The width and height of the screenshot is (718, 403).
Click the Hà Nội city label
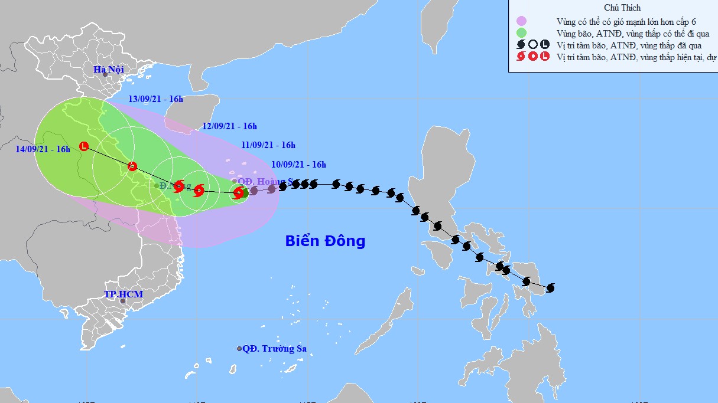[109, 70]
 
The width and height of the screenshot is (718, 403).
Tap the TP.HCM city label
[123, 294]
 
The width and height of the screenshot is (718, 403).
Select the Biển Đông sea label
[325, 241]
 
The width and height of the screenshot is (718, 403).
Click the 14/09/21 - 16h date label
[43, 149]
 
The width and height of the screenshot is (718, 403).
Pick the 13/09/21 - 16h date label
[156, 99]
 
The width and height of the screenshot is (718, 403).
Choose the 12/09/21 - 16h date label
[229, 126]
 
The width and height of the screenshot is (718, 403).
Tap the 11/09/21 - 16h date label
[268, 145]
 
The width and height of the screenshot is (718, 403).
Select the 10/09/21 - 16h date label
[299, 165]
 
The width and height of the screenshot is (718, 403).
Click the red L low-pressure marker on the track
[84, 146]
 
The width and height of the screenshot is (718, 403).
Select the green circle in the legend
[521, 32]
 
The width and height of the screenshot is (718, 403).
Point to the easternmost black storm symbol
[551, 288]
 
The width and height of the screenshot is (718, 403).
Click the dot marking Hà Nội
[105, 74]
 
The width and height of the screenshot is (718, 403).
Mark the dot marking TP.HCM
[123, 301]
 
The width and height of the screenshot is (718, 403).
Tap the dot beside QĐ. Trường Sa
[239, 349]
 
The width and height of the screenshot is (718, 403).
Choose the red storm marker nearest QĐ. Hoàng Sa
[238, 192]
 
